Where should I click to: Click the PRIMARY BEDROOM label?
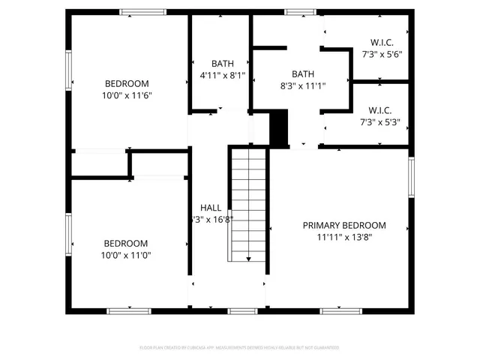click(x=343, y=225)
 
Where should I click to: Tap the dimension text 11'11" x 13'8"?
click(x=343, y=236)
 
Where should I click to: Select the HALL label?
click(x=210, y=208)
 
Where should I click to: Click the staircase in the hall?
click(x=248, y=204)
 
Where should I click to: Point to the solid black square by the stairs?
click(x=278, y=128)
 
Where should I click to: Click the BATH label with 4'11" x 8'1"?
click(x=223, y=64)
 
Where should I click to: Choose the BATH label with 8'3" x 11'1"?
click(x=303, y=73)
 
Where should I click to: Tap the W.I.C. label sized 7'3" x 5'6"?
click(x=382, y=42)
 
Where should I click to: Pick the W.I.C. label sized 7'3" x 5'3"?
click(x=382, y=109)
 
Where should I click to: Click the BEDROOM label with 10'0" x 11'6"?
click(x=126, y=84)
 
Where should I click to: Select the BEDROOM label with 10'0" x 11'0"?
click(x=125, y=244)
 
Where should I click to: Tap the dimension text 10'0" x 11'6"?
click(x=126, y=95)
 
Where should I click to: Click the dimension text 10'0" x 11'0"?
click(x=125, y=255)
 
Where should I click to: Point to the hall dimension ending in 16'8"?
click(x=213, y=220)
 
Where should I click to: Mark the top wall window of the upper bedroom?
click(x=143, y=11)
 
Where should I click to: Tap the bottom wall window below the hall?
click(x=242, y=310)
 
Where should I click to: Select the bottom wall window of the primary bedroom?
click(x=342, y=310)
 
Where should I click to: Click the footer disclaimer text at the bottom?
click(x=240, y=348)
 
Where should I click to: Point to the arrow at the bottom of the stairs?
click(x=248, y=259)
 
